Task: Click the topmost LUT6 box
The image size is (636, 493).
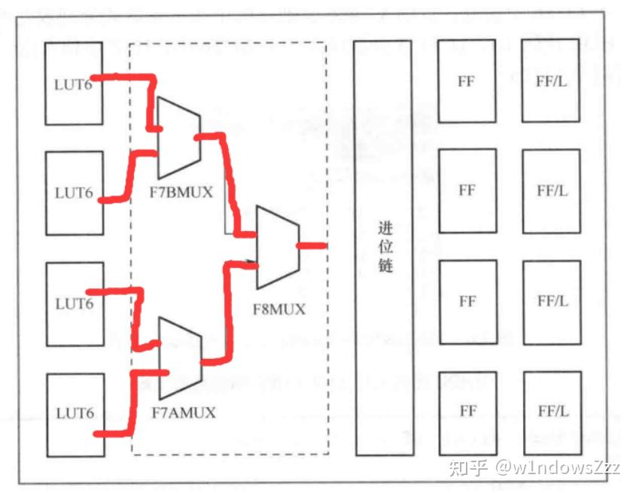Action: pos(74,84)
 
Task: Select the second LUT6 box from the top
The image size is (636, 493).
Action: pos(74,192)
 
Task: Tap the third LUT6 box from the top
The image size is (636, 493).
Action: pos(75,303)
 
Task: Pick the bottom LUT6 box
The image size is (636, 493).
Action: pos(75,413)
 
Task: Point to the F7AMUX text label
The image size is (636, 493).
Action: pos(184,412)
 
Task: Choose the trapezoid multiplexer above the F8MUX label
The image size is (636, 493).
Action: pos(278,246)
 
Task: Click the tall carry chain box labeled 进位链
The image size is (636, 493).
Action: pos(384,248)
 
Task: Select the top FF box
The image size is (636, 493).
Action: pos(467,81)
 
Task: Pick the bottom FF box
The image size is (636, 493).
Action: pos(467,412)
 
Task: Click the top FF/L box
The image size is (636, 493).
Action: pos(551,81)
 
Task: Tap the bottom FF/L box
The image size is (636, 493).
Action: pos(552,412)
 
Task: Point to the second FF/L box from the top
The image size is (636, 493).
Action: pos(551,190)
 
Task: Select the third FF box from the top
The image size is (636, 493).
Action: pos(467,301)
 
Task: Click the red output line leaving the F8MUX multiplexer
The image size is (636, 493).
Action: pos(311,245)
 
